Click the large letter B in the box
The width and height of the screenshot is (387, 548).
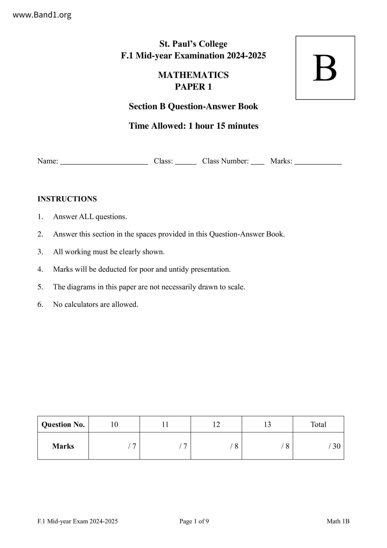coord(325,68)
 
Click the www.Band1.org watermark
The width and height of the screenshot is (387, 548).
coord(42,15)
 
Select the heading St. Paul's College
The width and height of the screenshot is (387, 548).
coord(193,44)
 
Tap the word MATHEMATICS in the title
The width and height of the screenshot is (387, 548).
coord(193,75)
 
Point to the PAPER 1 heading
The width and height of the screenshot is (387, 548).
coord(193,87)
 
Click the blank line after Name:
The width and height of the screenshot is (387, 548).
coord(104,162)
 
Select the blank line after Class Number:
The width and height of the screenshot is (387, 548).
coord(257,162)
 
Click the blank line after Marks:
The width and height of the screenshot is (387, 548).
coord(318,162)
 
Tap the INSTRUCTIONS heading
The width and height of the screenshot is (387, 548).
coord(67,199)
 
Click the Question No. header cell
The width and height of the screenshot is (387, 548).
coord(63,424)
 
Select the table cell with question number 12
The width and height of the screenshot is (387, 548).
coord(216,424)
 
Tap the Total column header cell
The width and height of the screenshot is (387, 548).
coord(318,424)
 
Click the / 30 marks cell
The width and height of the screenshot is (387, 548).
coord(318,446)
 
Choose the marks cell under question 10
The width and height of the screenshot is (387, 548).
coord(114,446)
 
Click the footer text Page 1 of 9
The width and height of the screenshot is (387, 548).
coord(194,521)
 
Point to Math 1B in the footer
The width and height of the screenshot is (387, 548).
coord(338,521)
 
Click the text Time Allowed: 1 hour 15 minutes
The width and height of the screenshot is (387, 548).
coord(193,126)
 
